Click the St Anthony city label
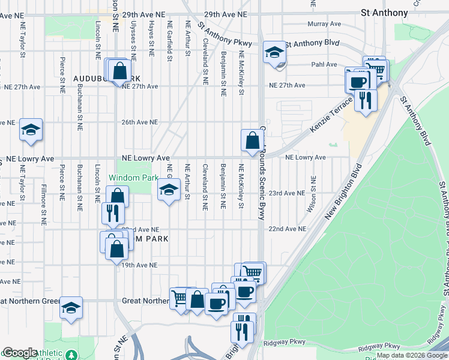(384, 13)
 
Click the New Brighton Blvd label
(343, 191)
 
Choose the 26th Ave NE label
(139, 122)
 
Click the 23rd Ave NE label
(286, 193)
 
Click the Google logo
(19, 353)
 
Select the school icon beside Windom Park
(169, 191)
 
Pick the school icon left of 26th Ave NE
(30, 130)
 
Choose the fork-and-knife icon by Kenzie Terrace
(365, 100)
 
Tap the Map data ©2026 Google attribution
(412, 355)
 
